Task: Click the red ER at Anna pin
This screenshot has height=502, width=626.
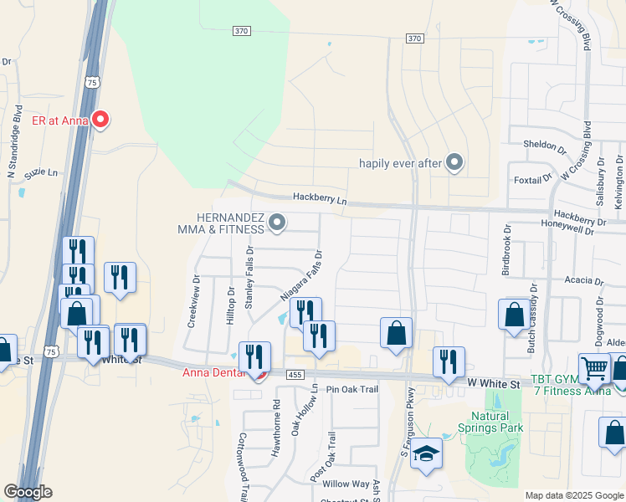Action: (100, 120)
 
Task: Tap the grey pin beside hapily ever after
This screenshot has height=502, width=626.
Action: (454, 162)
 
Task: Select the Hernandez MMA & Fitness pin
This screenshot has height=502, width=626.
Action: (278, 223)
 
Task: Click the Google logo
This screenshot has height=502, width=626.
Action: (28, 492)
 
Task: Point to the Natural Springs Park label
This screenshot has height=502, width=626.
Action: (496, 422)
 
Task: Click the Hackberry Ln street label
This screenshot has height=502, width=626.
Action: (319, 198)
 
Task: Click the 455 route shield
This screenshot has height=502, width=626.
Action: (293, 376)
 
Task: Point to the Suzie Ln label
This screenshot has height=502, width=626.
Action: (42, 173)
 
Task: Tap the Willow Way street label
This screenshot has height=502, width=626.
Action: (346, 484)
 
